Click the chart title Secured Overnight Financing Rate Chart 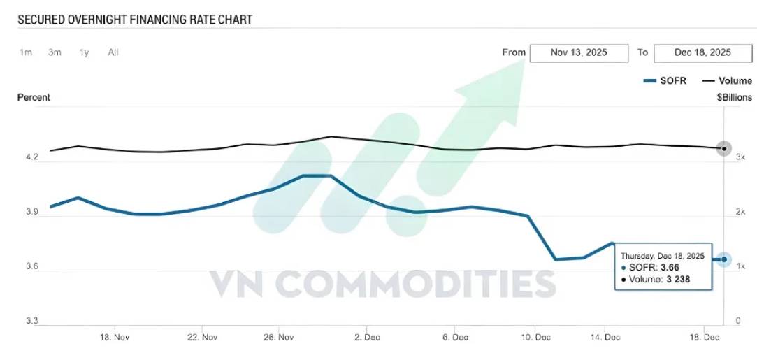click(135, 20)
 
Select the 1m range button click(26, 52)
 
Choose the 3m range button click(55, 52)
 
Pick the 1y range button click(85, 52)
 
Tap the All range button click(113, 52)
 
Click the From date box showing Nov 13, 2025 click(579, 53)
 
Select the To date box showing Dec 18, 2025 click(702, 53)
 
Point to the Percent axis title click(34, 97)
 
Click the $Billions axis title click(734, 97)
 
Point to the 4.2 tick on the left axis click(31, 158)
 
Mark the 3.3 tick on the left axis click(31, 321)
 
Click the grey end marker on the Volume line click(724, 148)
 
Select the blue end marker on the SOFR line click(724, 259)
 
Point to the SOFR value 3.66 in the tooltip click(670, 267)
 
